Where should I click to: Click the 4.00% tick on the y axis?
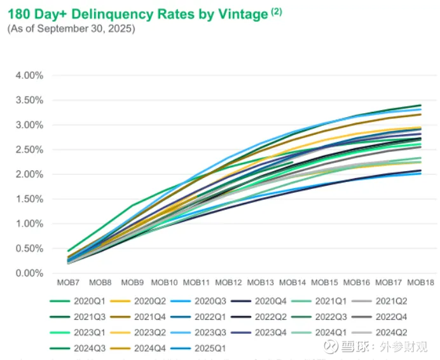click(x=29, y=75)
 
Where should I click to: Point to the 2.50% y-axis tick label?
click(x=29, y=149)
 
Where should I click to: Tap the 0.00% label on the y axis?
click(x=29, y=273)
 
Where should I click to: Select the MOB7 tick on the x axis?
click(x=67, y=282)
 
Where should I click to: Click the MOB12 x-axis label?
click(x=228, y=282)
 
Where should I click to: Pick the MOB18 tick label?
click(x=420, y=282)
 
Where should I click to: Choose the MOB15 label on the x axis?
click(x=324, y=282)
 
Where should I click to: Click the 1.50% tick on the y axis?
click(x=29, y=199)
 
